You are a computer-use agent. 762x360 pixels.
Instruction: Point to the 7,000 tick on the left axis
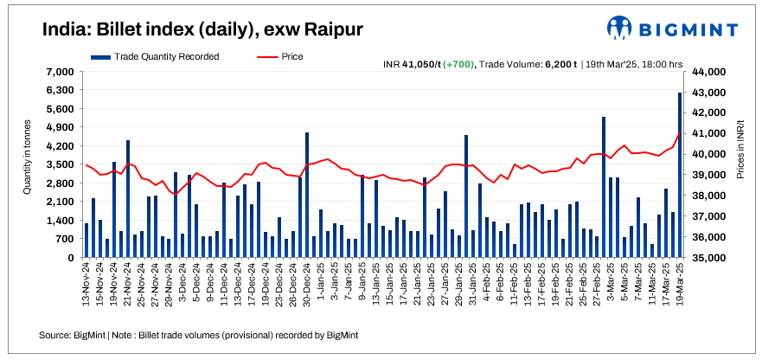click(x=61, y=71)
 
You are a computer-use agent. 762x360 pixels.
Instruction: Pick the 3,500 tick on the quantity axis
click(x=61, y=164)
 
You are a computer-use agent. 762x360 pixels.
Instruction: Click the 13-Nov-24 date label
click(x=86, y=286)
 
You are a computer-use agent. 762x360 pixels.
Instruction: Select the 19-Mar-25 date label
click(x=680, y=286)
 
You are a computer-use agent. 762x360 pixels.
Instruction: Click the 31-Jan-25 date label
click(x=466, y=286)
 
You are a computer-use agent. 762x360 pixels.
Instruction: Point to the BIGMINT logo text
click(x=693, y=29)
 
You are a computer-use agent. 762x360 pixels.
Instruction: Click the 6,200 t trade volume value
click(x=560, y=63)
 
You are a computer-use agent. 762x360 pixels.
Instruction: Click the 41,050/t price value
click(x=419, y=63)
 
